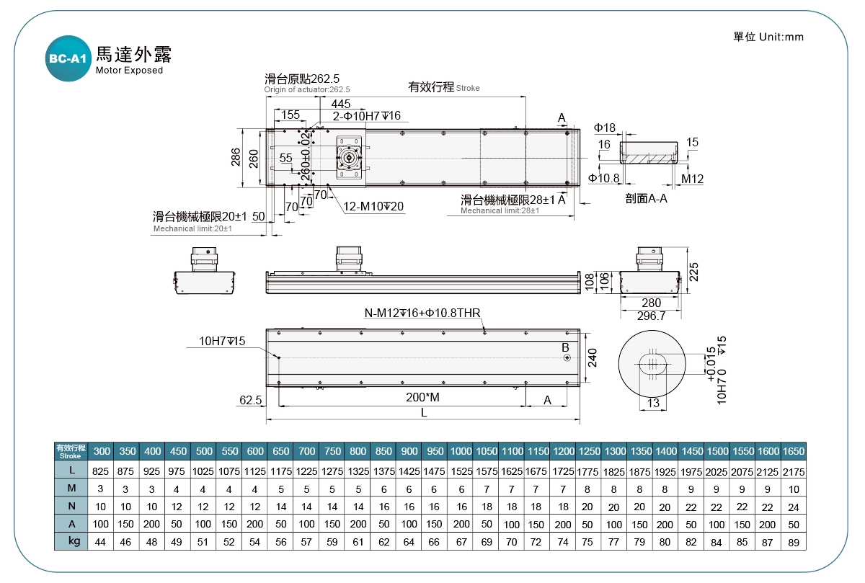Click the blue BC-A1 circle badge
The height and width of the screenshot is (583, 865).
coord(68,59)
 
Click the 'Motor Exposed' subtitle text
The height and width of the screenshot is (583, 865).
coord(129,71)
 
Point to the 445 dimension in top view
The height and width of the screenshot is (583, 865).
coord(341,104)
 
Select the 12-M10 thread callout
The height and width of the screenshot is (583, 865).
coord(373,207)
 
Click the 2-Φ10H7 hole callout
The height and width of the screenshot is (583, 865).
coord(366,116)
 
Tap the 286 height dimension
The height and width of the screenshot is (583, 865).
coord(236,157)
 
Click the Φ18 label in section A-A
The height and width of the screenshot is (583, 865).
coord(605,128)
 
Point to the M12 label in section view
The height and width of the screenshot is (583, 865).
coord(692,179)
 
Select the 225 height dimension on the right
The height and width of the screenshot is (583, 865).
coord(694,271)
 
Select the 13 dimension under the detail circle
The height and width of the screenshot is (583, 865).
coord(653,403)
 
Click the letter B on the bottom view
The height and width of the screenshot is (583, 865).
coord(566,347)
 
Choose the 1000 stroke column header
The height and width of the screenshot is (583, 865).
coord(461,451)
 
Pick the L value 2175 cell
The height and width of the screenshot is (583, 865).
coord(794,471)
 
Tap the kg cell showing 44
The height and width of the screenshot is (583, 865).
coord(101,540)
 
